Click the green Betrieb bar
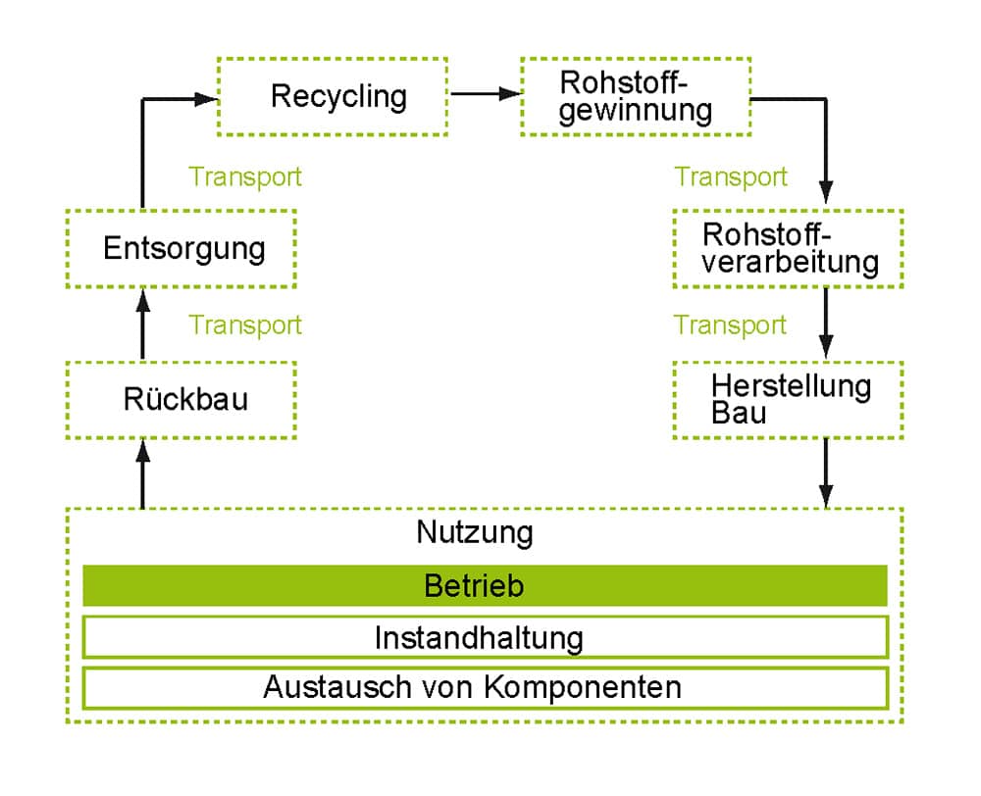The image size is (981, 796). pyautogui.click(x=485, y=586)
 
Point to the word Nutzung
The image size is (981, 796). pyautogui.click(x=474, y=532)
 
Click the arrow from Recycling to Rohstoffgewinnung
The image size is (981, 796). pyautogui.click(x=486, y=94)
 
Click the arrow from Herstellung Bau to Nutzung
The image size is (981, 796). pyautogui.click(x=826, y=473)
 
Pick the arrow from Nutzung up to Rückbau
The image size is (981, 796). pyautogui.click(x=143, y=473)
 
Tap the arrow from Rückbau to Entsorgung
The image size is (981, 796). pyautogui.click(x=143, y=323)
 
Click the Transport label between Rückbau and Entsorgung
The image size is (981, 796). pyautogui.click(x=245, y=325)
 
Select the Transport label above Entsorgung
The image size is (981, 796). pyautogui.click(x=245, y=177)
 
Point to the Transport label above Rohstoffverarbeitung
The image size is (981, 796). pyautogui.click(x=731, y=177)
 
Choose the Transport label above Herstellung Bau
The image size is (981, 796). pyautogui.click(x=730, y=325)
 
